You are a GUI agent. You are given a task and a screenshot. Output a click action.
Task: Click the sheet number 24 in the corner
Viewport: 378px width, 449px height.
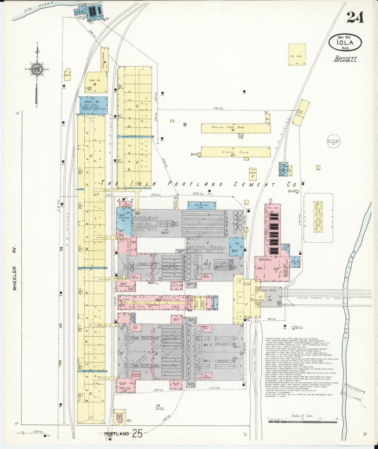click(355, 18)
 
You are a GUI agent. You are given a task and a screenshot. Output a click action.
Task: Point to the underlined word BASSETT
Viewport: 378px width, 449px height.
click(345, 59)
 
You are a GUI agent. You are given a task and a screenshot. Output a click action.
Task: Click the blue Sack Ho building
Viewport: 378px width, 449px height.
click(94, 105)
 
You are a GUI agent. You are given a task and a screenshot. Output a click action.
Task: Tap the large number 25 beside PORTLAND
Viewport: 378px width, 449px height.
click(137, 434)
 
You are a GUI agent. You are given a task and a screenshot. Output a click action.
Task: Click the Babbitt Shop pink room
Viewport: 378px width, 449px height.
click(206, 327)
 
